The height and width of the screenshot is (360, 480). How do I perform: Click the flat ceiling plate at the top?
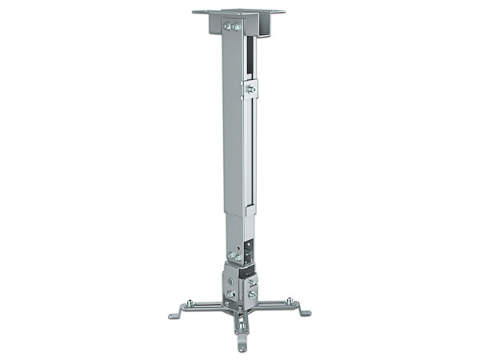pos(240,13)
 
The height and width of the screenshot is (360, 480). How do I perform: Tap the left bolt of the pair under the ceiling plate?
pos(227,26)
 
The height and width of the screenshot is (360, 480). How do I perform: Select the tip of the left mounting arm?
pos(174,316)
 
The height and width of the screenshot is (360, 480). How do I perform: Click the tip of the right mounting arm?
pos(305,313)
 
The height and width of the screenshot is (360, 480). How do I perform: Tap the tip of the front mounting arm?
pos(241,348)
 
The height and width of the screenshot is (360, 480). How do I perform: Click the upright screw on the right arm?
pos(290,302)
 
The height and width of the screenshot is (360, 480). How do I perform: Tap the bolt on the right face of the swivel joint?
pos(252,294)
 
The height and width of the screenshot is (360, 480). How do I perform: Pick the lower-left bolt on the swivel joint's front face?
pos(228,294)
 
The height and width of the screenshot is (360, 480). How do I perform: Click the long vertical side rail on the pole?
pos(250,144)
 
